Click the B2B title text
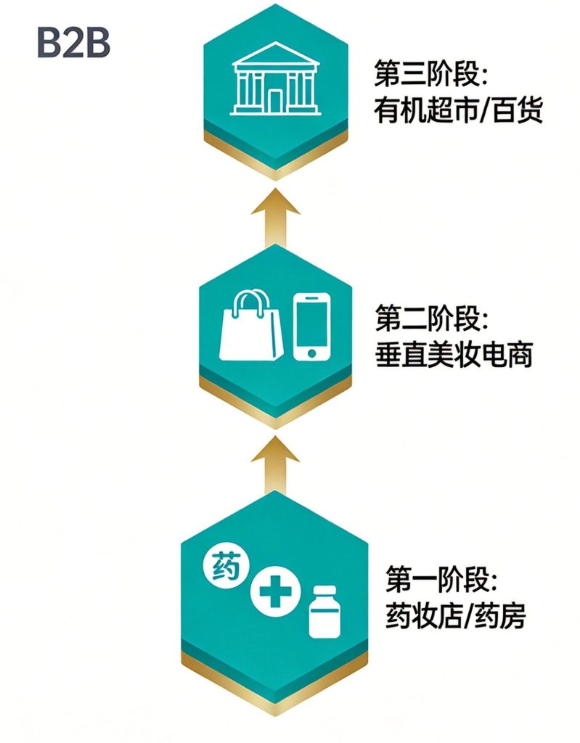pos(73,43)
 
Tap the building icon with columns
pos(275,78)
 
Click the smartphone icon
pos(311,327)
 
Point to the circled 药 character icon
pos(226,566)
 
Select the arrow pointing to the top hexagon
pos(276,218)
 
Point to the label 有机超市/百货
pos(458,111)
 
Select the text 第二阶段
pos(432,318)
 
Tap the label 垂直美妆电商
pos(454,354)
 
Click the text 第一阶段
pos(441,579)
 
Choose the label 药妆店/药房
pos(455,615)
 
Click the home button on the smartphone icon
pos(311,353)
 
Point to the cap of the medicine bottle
pos(325,592)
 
